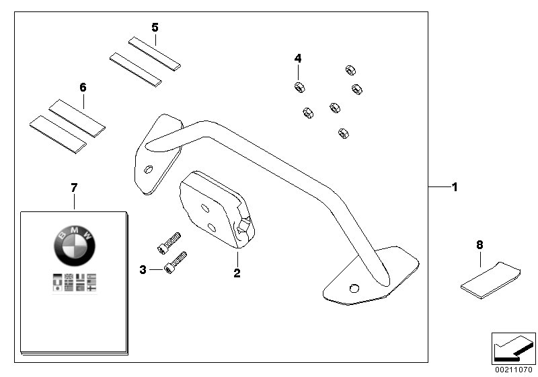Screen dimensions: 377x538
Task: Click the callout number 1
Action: tap(454, 186)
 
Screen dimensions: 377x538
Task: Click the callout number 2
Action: tap(237, 273)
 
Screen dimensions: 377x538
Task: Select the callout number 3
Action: tap(143, 270)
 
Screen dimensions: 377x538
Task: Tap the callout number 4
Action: tap(298, 59)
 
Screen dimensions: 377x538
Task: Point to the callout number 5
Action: tap(155, 28)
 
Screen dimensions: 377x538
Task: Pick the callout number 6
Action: tap(83, 88)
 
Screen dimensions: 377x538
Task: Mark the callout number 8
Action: tap(479, 245)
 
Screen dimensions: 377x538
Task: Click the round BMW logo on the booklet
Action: tap(74, 244)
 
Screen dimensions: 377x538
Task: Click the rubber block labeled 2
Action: tap(212, 208)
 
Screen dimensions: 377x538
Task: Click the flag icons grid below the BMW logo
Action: tap(74, 282)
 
